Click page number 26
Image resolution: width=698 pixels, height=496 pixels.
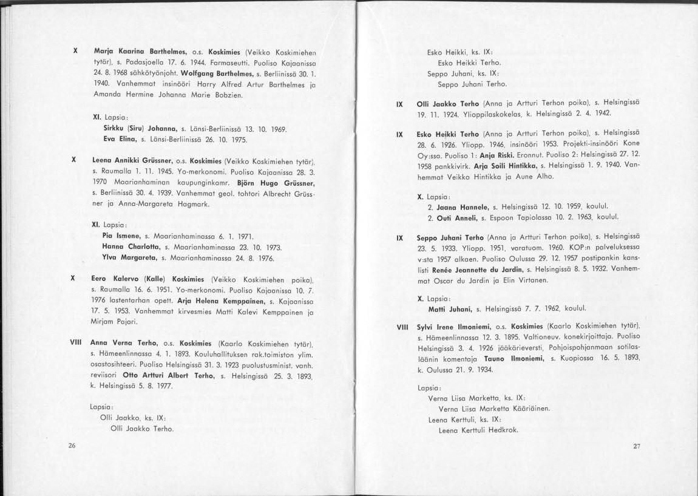pos(72,446)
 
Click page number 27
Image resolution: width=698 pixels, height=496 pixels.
pos(637,446)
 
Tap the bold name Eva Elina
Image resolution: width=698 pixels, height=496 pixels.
pos(120,140)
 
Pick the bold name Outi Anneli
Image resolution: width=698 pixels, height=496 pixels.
pos(448,217)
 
